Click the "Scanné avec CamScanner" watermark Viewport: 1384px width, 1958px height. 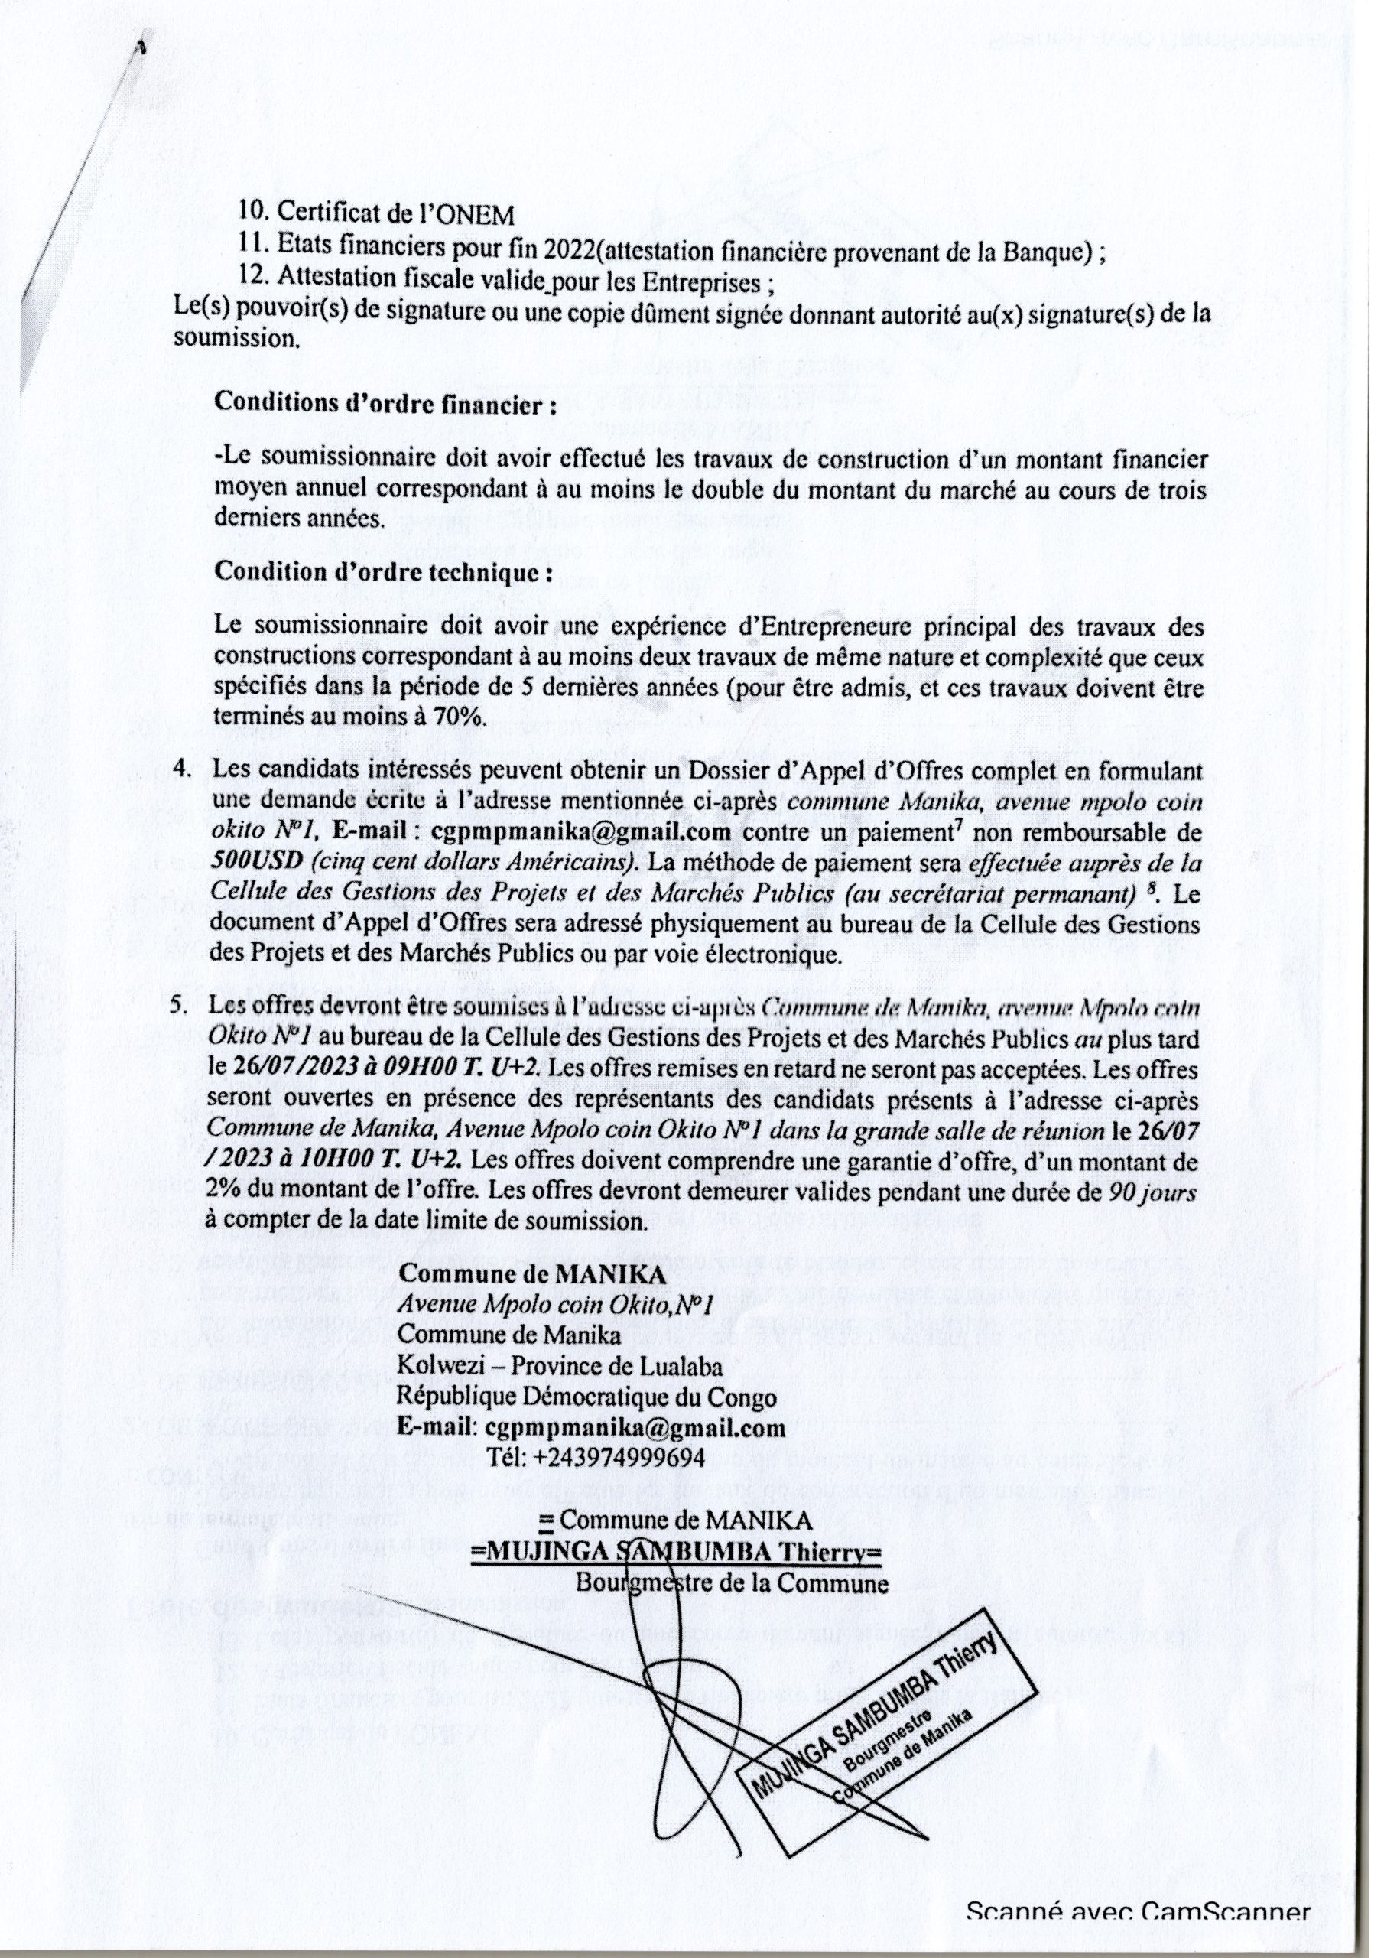(x=1138, y=1929)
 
